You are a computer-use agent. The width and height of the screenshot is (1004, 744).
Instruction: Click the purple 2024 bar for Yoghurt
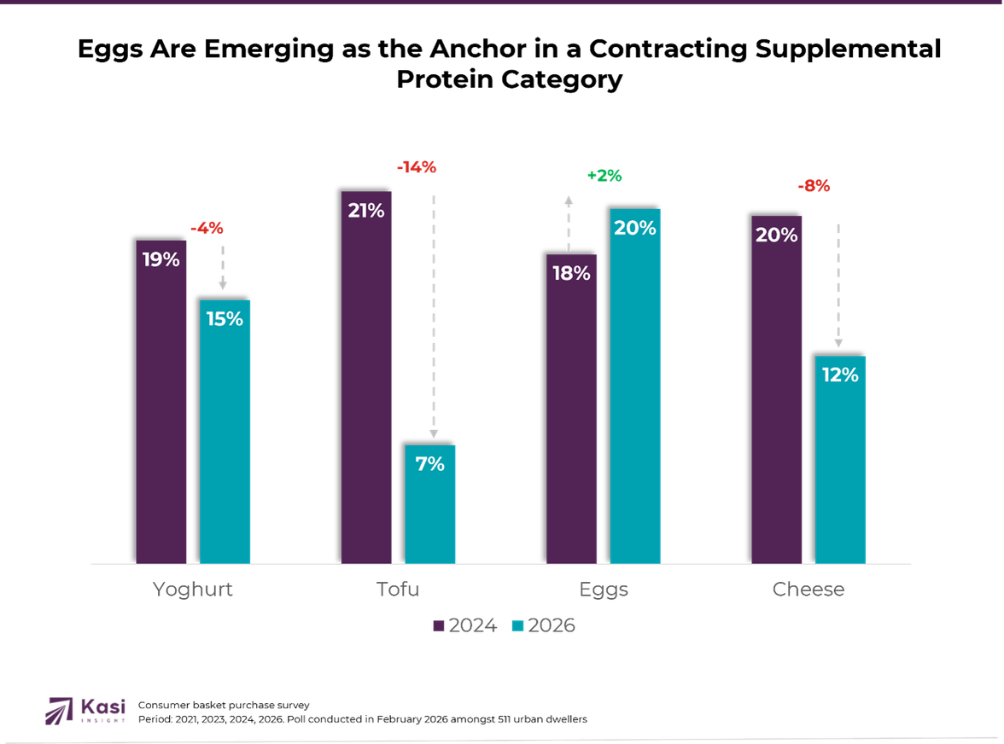tap(161, 410)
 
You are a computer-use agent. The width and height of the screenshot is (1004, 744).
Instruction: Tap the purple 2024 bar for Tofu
tap(366, 384)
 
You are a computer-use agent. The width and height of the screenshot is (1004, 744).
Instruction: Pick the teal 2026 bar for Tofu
tap(430, 512)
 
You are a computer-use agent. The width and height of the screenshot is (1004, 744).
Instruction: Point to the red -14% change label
tap(417, 168)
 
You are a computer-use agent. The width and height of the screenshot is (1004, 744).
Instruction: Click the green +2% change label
tap(604, 177)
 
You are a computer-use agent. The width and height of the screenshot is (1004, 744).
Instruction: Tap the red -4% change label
tap(207, 228)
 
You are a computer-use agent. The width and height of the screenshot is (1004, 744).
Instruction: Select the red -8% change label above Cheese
tap(814, 187)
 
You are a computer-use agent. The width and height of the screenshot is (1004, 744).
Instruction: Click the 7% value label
tap(430, 464)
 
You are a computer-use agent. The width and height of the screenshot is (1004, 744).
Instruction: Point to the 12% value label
tap(840, 375)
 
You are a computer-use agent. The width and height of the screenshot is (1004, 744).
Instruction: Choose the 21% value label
tap(366, 210)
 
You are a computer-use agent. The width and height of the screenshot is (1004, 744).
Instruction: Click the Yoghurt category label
tap(192, 590)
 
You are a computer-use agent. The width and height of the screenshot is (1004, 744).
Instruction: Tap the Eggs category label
tap(604, 590)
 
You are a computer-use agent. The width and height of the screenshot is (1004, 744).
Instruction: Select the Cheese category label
tap(808, 590)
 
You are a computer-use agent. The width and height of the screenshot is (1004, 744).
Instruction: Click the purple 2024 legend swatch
tap(439, 626)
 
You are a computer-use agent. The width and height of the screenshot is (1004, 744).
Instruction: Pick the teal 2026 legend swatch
tap(517, 626)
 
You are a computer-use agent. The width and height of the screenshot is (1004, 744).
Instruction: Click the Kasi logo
tap(86, 710)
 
